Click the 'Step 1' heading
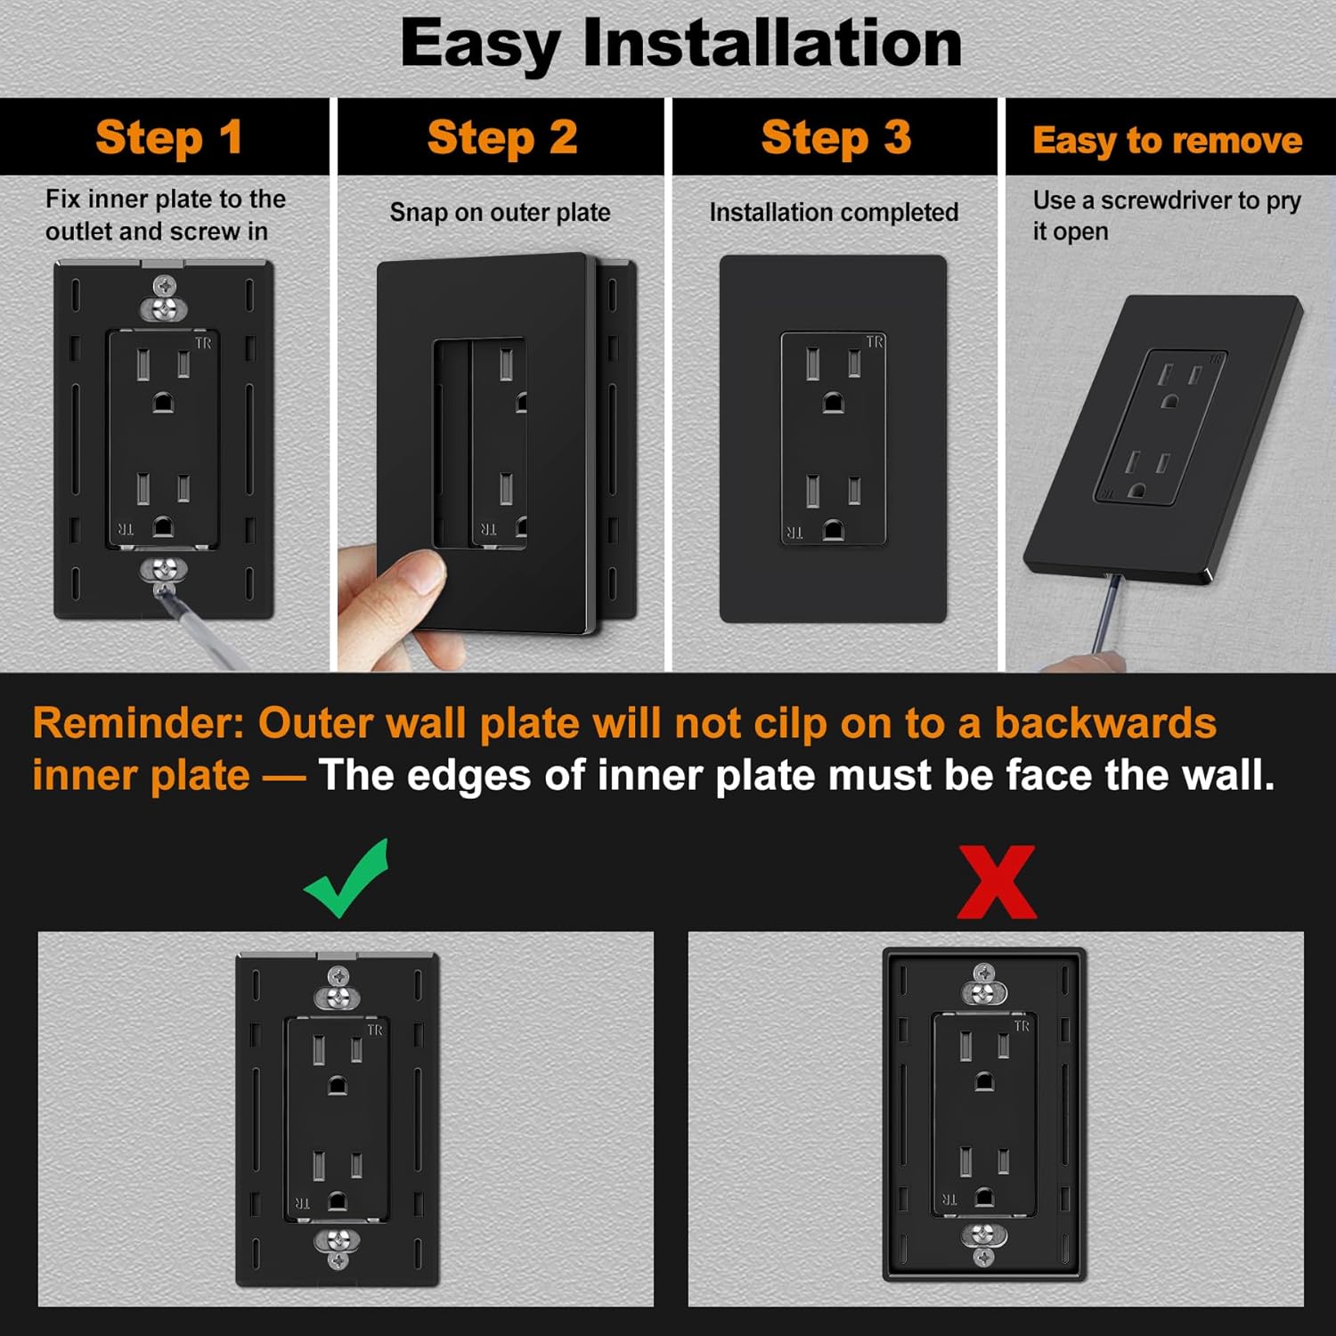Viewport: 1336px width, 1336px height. click(168, 138)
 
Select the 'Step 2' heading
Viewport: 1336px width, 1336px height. click(502, 138)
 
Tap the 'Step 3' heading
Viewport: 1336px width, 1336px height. click(835, 138)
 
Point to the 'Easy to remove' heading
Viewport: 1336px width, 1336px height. click(1167, 141)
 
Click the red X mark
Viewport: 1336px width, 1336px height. click(996, 882)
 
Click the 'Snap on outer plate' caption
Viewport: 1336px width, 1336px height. click(500, 213)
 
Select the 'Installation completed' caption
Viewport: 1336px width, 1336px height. click(834, 213)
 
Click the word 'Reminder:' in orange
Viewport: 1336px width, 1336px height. click(138, 723)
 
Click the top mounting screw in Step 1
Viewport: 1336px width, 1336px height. click(164, 287)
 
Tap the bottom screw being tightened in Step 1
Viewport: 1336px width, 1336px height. click(164, 569)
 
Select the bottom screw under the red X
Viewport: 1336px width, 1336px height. click(983, 1256)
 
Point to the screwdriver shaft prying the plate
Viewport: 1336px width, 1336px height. click(1107, 615)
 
